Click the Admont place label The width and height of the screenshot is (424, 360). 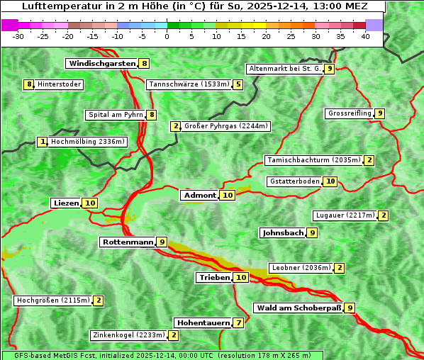pos(199,196)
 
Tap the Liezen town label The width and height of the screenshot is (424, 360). pos(66,203)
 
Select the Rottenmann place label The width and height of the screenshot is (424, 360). pos(128,242)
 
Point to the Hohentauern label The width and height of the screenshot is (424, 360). pos(203,323)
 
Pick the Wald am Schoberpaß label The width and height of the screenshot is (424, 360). pos(298,308)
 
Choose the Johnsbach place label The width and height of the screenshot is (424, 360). pos(283,232)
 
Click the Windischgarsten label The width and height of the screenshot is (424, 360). pos(101,64)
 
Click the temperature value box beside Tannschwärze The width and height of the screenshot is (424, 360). pos(238,85)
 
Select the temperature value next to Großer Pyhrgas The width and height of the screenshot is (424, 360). pos(175,126)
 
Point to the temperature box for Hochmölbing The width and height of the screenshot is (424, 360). pos(43,142)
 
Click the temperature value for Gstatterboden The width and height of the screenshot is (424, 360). pos(330,181)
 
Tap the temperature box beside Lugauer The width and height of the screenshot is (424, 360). pos(383,215)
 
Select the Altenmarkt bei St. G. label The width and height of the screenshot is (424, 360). pos(284,69)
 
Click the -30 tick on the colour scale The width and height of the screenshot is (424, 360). pos(18,36)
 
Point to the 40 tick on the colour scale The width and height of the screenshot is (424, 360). pos(365,36)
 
